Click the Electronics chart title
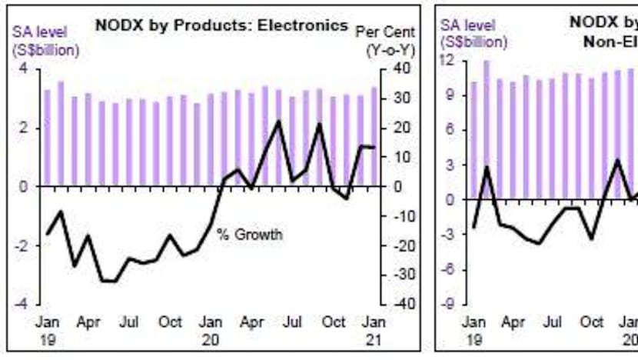221,25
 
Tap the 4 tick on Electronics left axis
25,69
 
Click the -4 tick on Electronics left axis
23,304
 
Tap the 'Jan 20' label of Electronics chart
211,329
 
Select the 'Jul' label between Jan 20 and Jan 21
293,322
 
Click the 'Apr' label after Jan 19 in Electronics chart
89,322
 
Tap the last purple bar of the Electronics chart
374,135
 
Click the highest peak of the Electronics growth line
278,122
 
